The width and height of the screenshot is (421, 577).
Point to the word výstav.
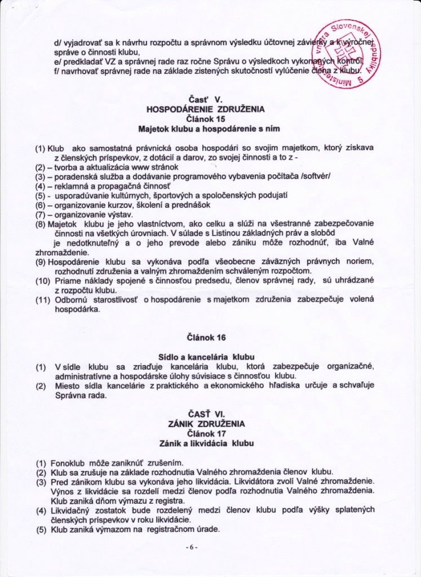pos(120,214)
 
